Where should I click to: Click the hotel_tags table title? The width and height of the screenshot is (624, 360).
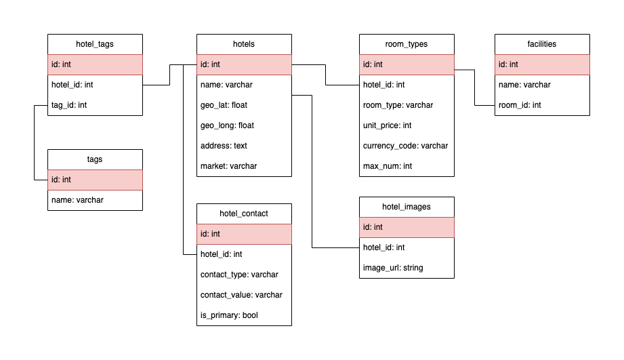coord(95,44)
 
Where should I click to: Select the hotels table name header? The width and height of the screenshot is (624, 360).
coord(244,44)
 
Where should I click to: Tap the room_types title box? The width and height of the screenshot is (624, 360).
coord(407,44)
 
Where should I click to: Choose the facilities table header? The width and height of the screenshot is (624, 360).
coord(542,44)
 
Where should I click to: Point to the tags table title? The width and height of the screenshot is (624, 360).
coord(95,159)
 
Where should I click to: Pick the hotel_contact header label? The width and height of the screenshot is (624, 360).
coord(244,214)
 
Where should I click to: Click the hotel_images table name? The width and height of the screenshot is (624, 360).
coord(407,207)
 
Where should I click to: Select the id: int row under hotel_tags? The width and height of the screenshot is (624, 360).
coord(95,64)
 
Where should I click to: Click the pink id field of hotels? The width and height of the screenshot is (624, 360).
coord(244,64)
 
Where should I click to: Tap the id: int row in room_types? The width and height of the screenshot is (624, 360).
coord(407,64)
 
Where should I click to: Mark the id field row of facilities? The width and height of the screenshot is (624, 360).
coord(542,64)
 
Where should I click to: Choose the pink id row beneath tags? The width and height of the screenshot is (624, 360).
coord(95,180)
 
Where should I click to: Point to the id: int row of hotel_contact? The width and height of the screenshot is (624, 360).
coord(244,234)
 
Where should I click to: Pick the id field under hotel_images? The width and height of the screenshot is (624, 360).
coord(407,227)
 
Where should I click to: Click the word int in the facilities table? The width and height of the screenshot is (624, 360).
coord(514,64)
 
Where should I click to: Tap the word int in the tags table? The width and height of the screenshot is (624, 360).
coord(66,180)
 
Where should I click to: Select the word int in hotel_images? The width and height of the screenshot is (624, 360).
coord(378,227)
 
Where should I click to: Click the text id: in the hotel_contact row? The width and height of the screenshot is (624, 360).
coord(205,234)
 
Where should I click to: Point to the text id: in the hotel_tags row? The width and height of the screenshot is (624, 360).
coord(56,64)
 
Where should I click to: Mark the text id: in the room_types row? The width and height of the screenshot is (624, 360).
coord(367,64)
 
